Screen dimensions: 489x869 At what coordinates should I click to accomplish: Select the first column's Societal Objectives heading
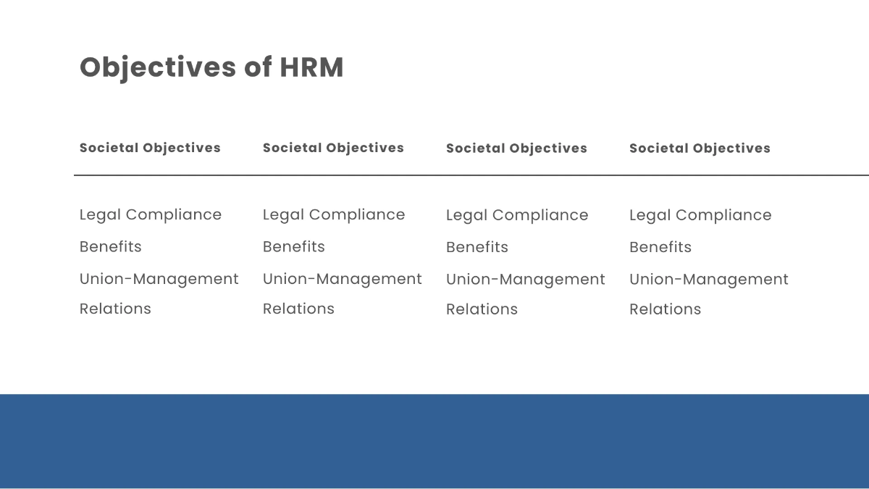coord(150,148)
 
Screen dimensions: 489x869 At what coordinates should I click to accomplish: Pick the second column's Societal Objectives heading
coord(333,148)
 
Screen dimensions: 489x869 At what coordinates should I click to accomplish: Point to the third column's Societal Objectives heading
coord(516,149)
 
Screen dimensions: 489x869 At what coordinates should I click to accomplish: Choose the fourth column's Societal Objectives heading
coord(700,149)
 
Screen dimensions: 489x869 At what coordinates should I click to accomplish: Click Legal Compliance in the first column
coord(151,214)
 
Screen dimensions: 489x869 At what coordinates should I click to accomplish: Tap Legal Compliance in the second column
coord(334,214)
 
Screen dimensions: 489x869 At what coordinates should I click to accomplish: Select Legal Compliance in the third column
coord(517,215)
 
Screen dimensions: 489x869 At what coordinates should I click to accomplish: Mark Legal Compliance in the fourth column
coord(700,215)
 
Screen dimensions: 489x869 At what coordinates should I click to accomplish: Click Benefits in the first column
coord(111,246)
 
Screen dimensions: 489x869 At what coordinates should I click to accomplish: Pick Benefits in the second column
coord(294,246)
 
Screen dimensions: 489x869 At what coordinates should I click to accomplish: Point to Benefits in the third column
coord(477,247)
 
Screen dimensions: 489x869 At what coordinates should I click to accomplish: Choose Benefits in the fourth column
coord(660,247)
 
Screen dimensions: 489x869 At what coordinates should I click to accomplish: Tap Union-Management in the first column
coord(159,279)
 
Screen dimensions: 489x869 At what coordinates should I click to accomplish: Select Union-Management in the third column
coord(526,280)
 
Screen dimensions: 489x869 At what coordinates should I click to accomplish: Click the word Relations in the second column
coord(298,309)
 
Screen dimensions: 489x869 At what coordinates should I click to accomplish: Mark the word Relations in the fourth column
coord(665,309)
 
